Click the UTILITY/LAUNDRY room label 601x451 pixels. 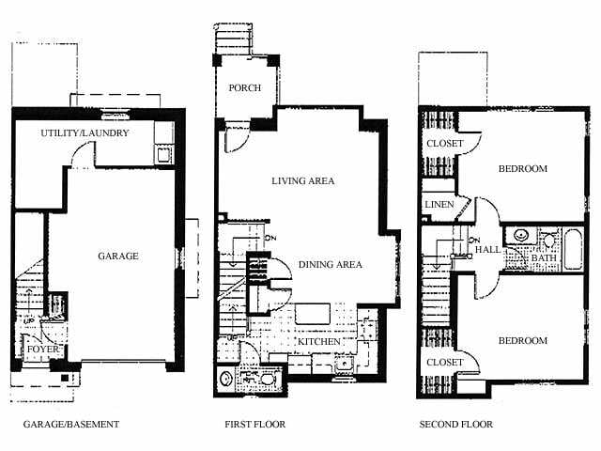pyautogui.click(x=98, y=133)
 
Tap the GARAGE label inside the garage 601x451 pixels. pyautogui.click(x=118, y=256)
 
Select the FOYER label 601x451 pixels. pyautogui.click(x=40, y=350)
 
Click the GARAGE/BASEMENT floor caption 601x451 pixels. pyautogui.click(x=71, y=425)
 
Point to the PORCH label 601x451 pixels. pyautogui.click(x=244, y=88)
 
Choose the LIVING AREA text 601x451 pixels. pyautogui.click(x=302, y=180)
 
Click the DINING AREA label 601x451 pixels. pyautogui.click(x=331, y=265)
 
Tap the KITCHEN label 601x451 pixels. pyautogui.click(x=319, y=342)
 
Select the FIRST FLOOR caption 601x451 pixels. pyautogui.click(x=254, y=425)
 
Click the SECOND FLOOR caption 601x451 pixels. pyautogui.click(x=455, y=425)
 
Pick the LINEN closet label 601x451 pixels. pyautogui.click(x=439, y=205)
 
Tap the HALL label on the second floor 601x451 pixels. pyautogui.click(x=487, y=250)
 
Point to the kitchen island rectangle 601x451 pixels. pyautogui.click(x=313, y=314)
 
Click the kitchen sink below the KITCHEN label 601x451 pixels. pyautogui.click(x=345, y=364)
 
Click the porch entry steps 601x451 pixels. pyautogui.click(x=233, y=39)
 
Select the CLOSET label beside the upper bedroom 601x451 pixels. pyautogui.click(x=445, y=144)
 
